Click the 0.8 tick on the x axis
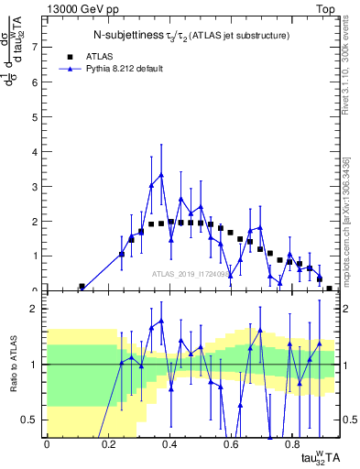[292, 443]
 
